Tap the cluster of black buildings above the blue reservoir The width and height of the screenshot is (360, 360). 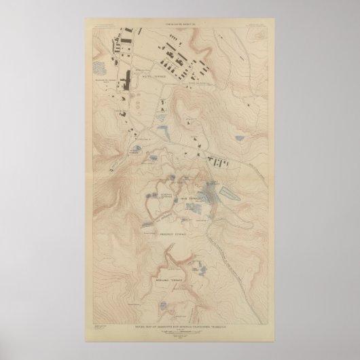(219, 161)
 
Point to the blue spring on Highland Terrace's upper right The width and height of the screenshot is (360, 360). (192, 265)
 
